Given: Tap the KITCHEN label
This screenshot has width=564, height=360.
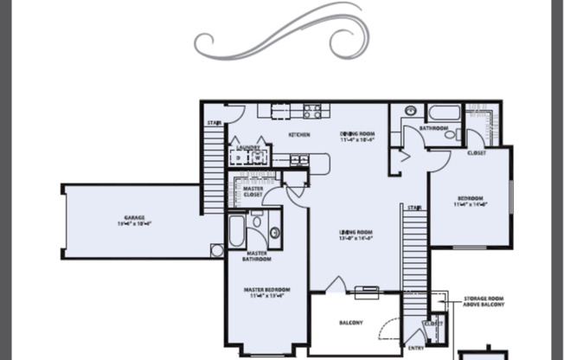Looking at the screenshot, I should (x=299, y=135).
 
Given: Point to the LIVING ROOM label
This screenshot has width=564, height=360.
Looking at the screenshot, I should (x=355, y=233).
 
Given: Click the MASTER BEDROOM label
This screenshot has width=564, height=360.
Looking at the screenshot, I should (x=266, y=289).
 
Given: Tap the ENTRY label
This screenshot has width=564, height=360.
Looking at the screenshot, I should (x=415, y=348).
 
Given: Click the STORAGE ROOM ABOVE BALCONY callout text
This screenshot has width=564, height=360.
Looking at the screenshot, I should (x=486, y=300).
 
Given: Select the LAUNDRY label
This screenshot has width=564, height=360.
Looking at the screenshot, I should (x=248, y=148).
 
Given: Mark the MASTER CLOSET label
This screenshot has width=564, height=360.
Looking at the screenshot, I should (x=253, y=191).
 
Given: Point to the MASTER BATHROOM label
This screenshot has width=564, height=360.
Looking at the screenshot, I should (x=256, y=256).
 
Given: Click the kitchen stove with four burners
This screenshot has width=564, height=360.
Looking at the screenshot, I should (x=312, y=111).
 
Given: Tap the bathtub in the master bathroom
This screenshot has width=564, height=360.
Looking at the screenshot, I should (x=236, y=231).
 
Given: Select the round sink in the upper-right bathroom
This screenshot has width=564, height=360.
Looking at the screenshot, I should (x=410, y=112).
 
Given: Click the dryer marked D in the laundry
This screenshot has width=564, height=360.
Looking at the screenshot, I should (x=237, y=159).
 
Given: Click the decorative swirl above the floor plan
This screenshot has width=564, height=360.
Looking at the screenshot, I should (x=282, y=33).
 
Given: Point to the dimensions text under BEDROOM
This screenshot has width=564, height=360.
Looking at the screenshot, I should (x=471, y=205).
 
